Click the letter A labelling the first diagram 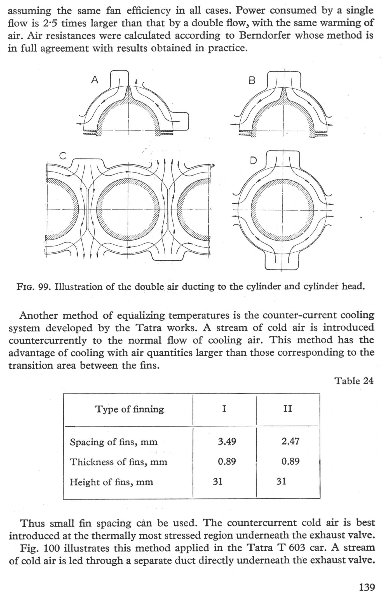[95, 80]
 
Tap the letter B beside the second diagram [252, 81]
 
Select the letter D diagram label [253, 161]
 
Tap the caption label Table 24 [354, 381]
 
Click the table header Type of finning [130, 409]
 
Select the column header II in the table [288, 409]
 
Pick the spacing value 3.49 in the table [227, 441]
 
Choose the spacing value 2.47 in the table [290, 441]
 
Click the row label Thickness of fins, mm [118, 462]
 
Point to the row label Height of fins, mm [111, 482]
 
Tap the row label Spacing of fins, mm [114, 442]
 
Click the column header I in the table [224, 409]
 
